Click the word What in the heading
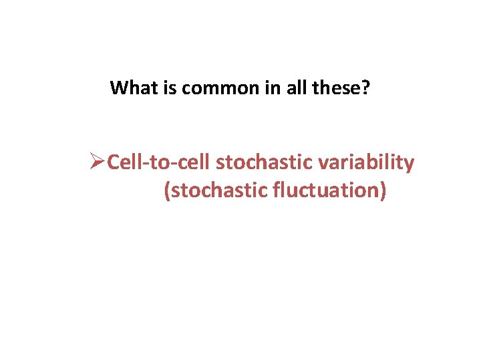pos(133,88)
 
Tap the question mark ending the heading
pos(365,88)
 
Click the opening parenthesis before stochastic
pos(167,191)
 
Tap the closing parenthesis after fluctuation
pos(383,191)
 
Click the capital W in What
pos(118,88)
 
